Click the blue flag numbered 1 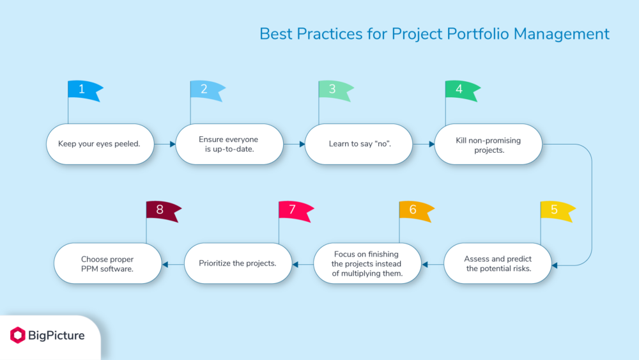(x=84, y=90)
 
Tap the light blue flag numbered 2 (x=206, y=90)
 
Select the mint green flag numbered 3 (x=334, y=90)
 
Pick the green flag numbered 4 (x=461, y=90)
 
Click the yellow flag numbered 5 (x=556, y=210)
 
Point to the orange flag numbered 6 (x=415, y=210)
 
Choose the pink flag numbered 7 (x=294, y=210)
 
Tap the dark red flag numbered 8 (x=162, y=210)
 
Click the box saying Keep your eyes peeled (x=99, y=144)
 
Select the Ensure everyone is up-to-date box (x=229, y=144)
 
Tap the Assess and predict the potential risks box (x=498, y=263)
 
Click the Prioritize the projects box (x=238, y=263)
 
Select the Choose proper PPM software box (x=107, y=263)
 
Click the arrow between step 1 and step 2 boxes (x=165, y=145)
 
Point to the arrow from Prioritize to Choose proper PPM (x=173, y=263)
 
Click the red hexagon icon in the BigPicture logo (x=18, y=335)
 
